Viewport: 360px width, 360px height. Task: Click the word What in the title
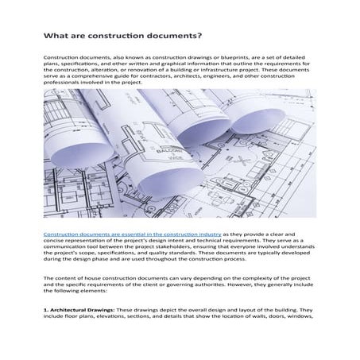[x=56, y=37]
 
